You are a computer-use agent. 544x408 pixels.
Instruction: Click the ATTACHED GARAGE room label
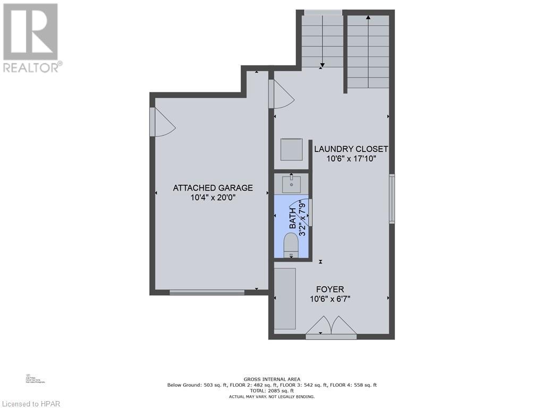(212, 188)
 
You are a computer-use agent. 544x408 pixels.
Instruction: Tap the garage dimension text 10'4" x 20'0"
(212, 198)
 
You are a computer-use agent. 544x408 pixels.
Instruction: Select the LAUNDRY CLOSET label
(351, 149)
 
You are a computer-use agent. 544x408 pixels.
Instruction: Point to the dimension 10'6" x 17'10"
(351, 159)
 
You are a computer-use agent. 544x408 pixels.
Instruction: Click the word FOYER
(330, 290)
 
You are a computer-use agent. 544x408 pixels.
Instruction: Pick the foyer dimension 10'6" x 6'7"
(330, 299)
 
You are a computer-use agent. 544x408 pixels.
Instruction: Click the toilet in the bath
(292, 245)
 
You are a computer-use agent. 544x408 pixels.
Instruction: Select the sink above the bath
(292, 184)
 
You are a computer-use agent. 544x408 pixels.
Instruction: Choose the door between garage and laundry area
(280, 94)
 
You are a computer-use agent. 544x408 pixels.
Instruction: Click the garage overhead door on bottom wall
(207, 292)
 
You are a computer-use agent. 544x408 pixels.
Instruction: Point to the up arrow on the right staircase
(368, 18)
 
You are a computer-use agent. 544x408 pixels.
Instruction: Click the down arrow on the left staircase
(322, 65)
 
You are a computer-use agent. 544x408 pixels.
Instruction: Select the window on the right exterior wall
(392, 199)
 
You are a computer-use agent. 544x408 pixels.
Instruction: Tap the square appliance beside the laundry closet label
(292, 149)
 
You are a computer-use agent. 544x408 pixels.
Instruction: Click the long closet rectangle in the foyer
(285, 299)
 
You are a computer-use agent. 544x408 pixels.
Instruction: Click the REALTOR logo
(31, 37)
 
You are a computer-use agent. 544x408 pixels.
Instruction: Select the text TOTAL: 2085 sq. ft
(271, 390)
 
